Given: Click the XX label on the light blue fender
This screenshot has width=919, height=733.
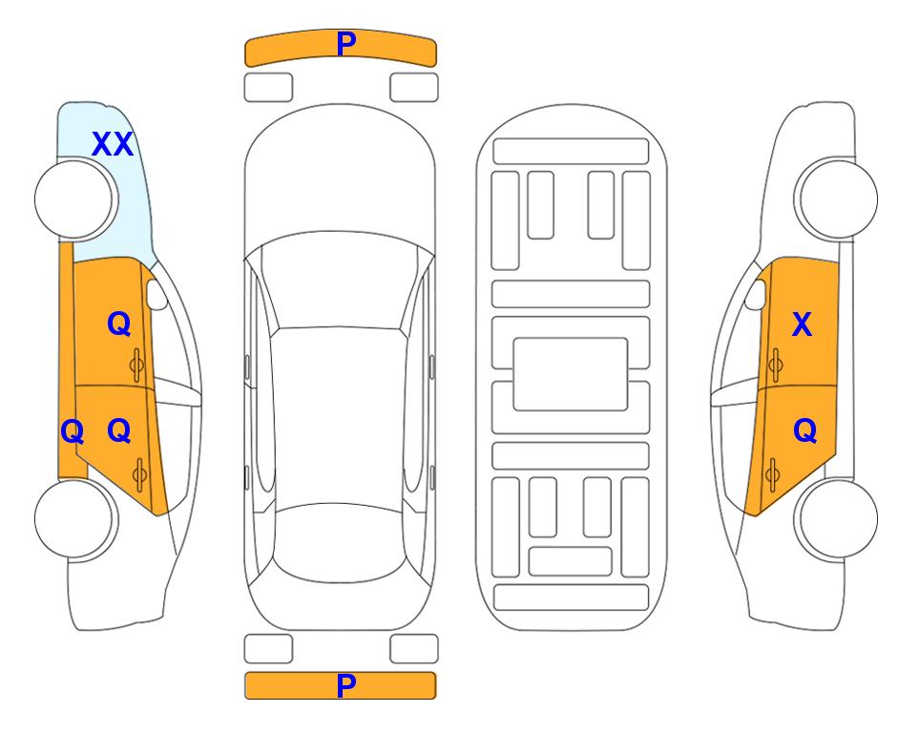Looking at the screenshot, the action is pyautogui.click(x=113, y=144).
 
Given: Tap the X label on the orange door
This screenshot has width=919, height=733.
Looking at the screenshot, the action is pyautogui.click(x=802, y=325).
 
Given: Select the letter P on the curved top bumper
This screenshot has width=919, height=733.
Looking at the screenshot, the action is pyautogui.click(x=346, y=44).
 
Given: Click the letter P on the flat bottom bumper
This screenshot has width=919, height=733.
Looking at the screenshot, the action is pyautogui.click(x=346, y=685).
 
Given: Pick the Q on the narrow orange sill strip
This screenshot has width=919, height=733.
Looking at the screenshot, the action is pyautogui.click(x=73, y=432).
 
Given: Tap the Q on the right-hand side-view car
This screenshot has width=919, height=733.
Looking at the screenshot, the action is pyautogui.click(x=804, y=431).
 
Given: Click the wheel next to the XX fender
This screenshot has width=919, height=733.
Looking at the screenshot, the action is pyautogui.click(x=76, y=199).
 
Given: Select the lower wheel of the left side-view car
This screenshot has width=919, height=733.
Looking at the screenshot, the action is pyautogui.click(x=76, y=518).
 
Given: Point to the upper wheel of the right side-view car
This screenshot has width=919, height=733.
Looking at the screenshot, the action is pyautogui.click(x=836, y=199).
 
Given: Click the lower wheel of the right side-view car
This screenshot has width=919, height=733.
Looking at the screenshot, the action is pyautogui.click(x=836, y=518).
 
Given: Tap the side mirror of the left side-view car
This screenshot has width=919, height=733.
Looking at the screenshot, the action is pyautogui.click(x=157, y=295).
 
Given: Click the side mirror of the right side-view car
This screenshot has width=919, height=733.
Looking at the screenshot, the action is pyautogui.click(x=756, y=295).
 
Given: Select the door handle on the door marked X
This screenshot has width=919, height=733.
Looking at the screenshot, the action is pyautogui.click(x=775, y=365).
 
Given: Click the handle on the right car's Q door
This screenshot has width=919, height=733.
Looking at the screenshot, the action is pyautogui.click(x=772, y=474).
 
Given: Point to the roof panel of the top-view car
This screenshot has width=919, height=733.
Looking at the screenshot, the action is pyautogui.click(x=339, y=416).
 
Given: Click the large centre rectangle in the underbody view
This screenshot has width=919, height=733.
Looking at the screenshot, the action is pyautogui.click(x=571, y=374).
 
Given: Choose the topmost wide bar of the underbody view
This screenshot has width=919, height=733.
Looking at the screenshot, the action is pyautogui.click(x=571, y=152).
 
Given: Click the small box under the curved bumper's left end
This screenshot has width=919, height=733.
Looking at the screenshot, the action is pyautogui.click(x=268, y=88).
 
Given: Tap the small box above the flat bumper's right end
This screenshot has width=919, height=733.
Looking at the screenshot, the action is pyautogui.click(x=414, y=649).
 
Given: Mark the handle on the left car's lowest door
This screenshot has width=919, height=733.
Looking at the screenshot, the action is pyautogui.click(x=139, y=474).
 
